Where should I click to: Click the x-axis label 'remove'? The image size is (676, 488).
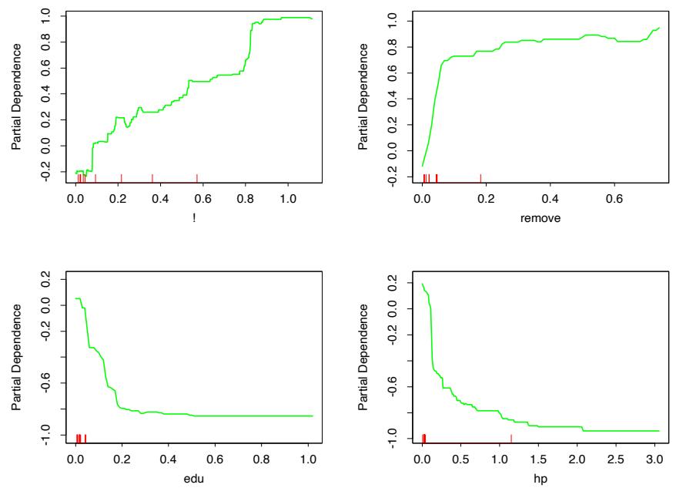pyautogui.click(x=539, y=218)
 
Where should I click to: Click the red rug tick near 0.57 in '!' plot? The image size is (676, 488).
pyautogui.click(x=197, y=178)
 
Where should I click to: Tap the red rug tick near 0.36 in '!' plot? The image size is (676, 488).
pyautogui.click(x=152, y=178)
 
